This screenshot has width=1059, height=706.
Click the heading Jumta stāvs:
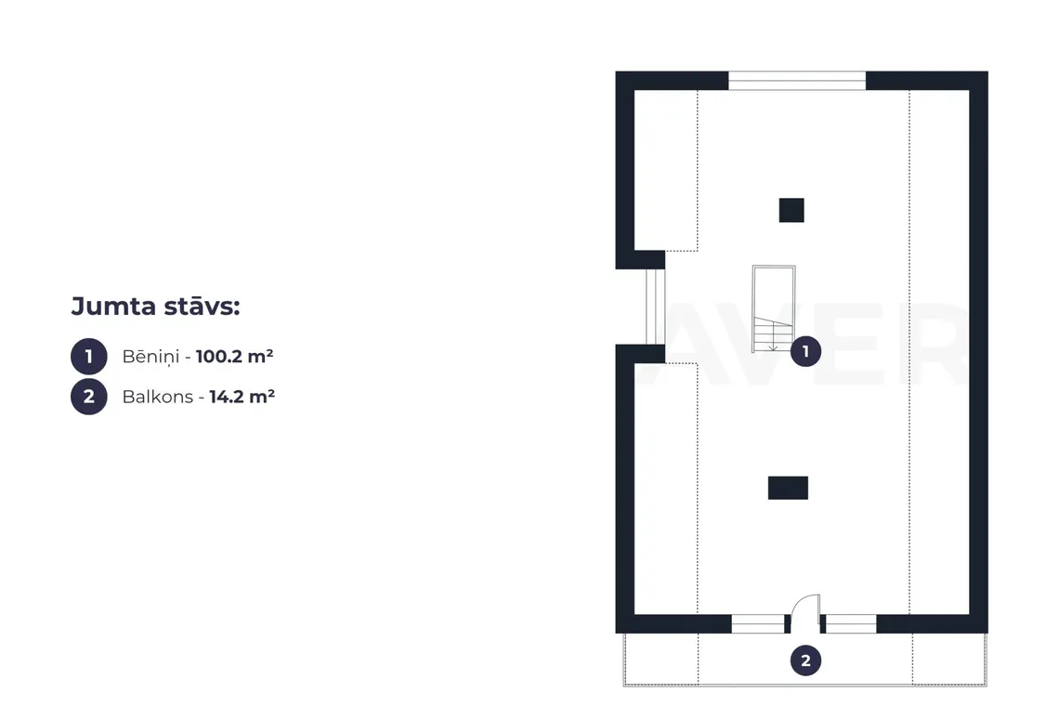tap(155, 306)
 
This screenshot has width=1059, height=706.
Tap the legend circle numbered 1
tap(89, 356)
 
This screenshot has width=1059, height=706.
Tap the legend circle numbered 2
tap(89, 396)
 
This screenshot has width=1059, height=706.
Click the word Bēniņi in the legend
tap(150, 357)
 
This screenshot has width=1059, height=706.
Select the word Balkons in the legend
tap(157, 397)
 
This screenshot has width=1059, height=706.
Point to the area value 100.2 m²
tap(234, 356)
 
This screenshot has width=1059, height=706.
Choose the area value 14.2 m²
tap(242, 396)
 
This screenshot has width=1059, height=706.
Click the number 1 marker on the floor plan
tap(805, 351)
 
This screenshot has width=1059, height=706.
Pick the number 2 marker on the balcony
tap(805, 660)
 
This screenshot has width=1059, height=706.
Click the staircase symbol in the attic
tap(774, 308)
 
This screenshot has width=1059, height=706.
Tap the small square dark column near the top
tap(791, 210)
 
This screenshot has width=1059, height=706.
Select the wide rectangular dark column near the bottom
tap(788, 488)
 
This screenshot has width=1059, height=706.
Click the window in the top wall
tap(797, 81)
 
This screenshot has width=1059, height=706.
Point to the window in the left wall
tap(655, 307)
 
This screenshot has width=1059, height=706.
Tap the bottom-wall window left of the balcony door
tap(758, 623)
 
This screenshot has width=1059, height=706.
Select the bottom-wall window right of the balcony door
tap(851, 623)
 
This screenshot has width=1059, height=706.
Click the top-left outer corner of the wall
tap(616, 72)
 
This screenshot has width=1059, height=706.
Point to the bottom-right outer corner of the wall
tap(987, 633)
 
